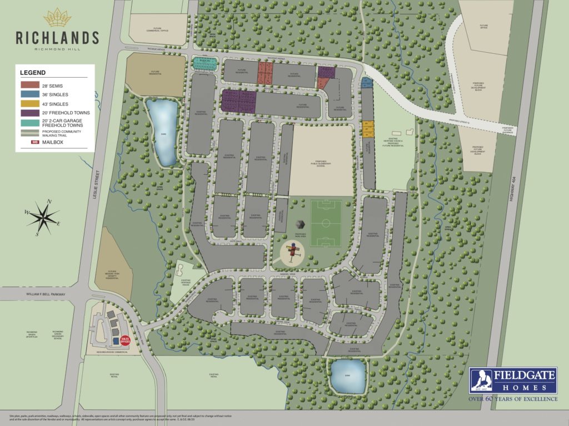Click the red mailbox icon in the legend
point(34,143)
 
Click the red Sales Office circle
point(125,342)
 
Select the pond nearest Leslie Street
point(163,131)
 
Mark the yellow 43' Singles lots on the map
point(368,129)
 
